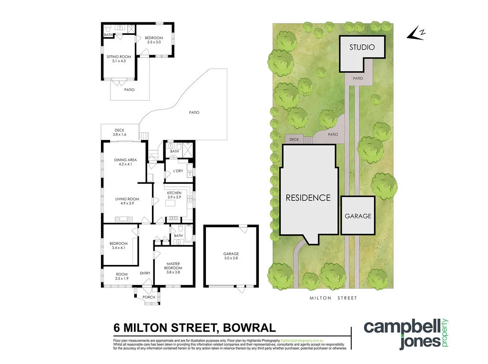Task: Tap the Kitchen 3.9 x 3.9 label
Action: (174, 195)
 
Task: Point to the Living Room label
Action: (127, 202)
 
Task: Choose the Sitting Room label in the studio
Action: (119, 59)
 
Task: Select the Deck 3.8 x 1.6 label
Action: (119, 132)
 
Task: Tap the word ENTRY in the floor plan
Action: (145, 273)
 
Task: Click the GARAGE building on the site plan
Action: (358, 216)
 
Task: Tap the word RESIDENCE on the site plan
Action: (308, 198)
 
